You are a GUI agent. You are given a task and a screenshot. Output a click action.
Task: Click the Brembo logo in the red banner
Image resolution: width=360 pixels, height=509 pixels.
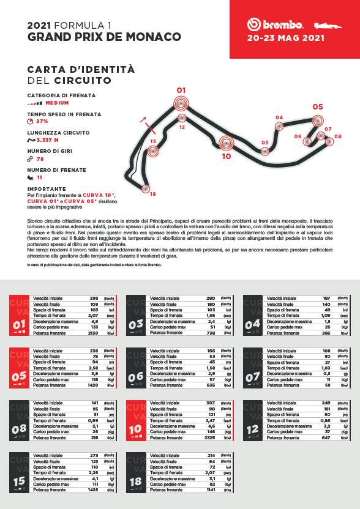coord(276,24)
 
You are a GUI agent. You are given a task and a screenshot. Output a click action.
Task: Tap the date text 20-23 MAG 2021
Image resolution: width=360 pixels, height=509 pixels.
coord(285,38)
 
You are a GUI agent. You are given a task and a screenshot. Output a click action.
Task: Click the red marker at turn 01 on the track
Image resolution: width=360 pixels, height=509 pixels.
coord(181,103)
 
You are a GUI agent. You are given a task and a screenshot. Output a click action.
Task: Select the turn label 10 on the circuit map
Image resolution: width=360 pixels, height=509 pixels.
coord(227,156)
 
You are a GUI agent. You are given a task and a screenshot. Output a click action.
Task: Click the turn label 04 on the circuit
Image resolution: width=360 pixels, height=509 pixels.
coord(279,117)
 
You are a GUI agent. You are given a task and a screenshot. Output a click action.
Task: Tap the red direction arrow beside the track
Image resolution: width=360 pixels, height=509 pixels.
coord(143,119)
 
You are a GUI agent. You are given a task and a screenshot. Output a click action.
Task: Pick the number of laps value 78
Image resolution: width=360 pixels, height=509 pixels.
coord(40,159)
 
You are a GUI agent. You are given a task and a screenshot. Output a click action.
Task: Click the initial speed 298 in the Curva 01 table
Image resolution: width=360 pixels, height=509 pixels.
coord(94,299)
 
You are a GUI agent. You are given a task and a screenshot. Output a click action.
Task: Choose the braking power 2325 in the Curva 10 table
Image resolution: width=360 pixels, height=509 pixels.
coord(210,438)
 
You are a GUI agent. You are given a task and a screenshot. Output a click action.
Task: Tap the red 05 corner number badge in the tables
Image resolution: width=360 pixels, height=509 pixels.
coord(19,376)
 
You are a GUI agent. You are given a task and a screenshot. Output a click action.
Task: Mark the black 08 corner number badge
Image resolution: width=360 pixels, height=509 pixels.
coord(19,429)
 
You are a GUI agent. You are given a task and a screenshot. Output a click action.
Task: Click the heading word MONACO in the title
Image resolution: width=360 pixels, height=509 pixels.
coord(147,37)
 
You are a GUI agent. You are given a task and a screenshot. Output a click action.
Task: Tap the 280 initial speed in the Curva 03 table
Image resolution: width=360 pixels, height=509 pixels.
coord(211,299)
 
